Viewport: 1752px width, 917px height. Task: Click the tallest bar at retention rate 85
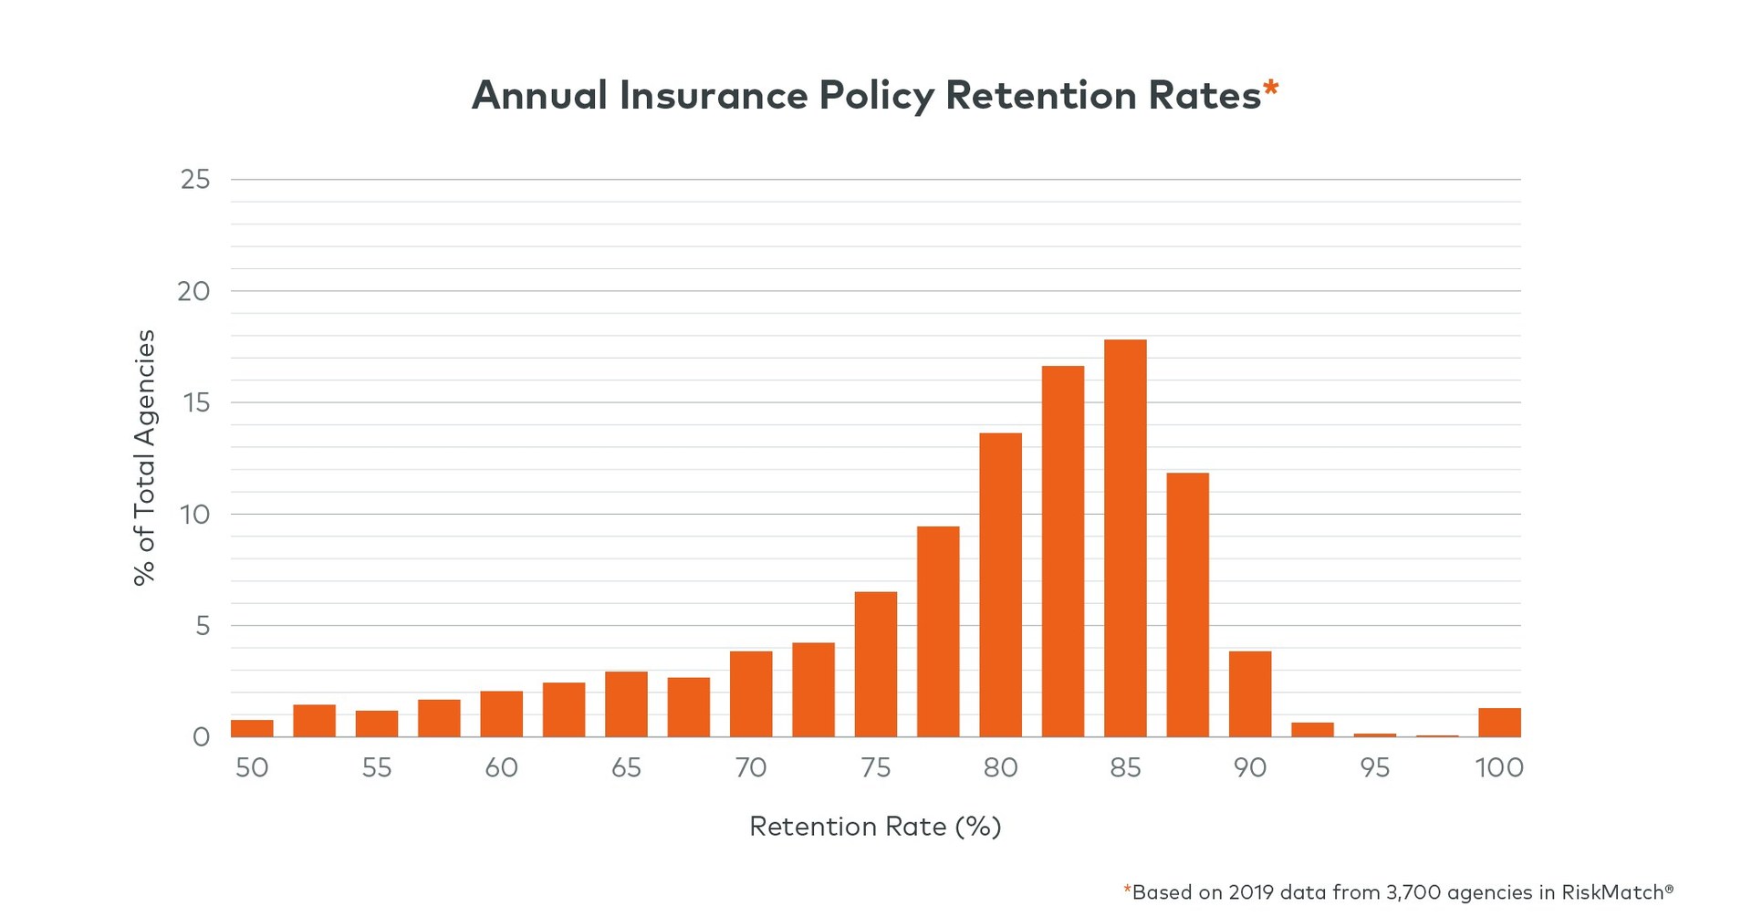(x=1125, y=538)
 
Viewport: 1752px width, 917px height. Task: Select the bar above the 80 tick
(x=1000, y=585)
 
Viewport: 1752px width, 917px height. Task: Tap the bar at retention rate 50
(x=252, y=728)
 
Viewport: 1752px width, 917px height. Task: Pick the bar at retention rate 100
(x=1499, y=723)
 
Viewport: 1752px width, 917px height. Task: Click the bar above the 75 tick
(x=875, y=664)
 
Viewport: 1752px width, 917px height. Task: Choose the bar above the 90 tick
(x=1249, y=693)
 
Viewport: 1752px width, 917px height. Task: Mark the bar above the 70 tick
(x=751, y=693)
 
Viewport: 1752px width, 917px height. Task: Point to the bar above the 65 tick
(x=626, y=703)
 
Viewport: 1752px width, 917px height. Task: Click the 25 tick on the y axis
(x=195, y=180)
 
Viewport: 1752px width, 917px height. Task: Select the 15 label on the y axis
(x=195, y=402)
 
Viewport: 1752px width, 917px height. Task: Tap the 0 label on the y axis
(x=201, y=737)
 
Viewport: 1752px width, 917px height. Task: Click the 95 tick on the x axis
(x=1374, y=767)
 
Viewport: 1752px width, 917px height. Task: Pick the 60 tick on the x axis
(x=501, y=767)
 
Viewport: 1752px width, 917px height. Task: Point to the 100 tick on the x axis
(x=1499, y=767)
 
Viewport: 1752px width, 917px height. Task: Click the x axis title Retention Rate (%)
(x=875, y=827)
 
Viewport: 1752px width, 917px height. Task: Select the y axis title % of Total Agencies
(x=145, y=457)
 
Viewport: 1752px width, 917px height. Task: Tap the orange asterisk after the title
(x=1270, y=89)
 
